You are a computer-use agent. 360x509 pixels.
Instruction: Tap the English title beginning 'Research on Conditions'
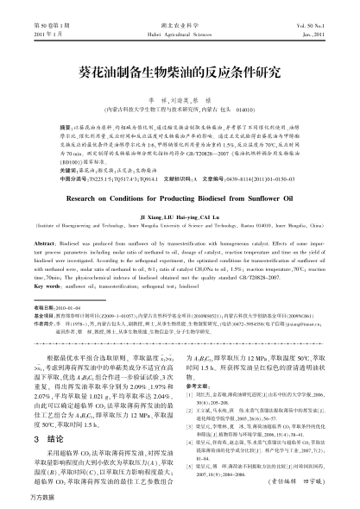tap(180, 173)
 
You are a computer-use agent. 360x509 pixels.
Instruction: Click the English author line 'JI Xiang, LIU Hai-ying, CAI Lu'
tap(180, 186)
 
